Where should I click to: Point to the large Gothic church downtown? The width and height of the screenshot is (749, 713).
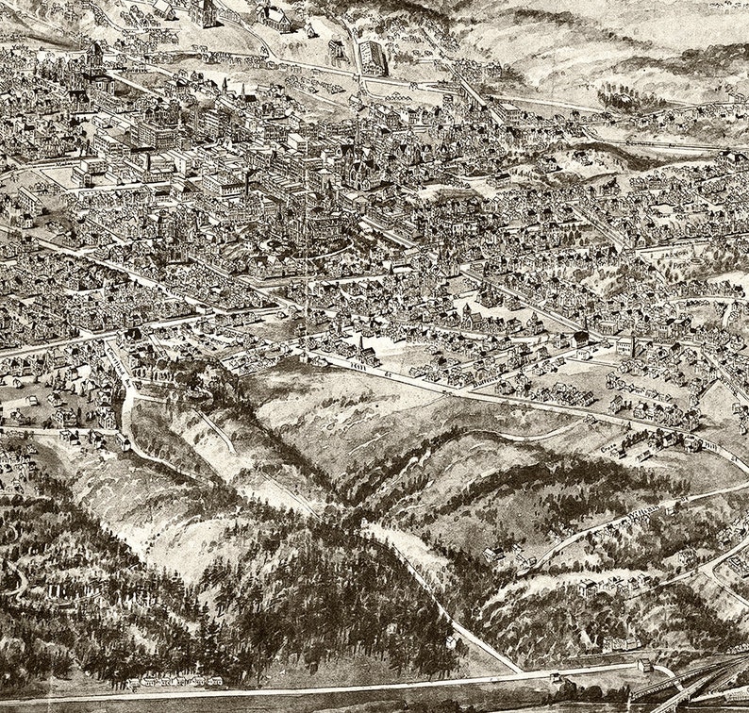click(358, 170)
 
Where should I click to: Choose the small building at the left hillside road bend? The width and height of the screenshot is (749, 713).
click(125, 440)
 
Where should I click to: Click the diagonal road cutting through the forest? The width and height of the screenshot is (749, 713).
click(443, 604)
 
